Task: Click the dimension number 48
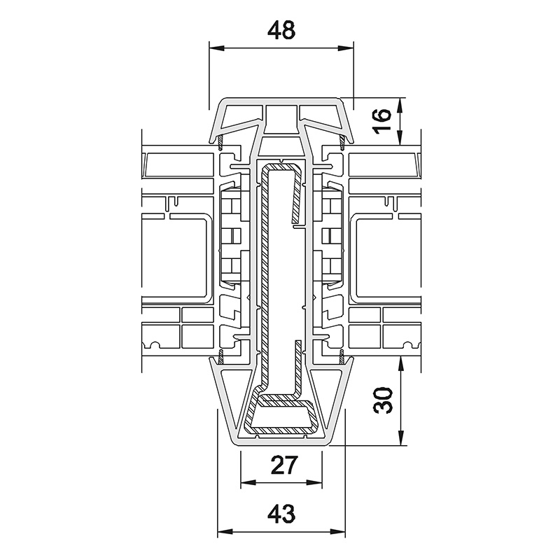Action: (281, 30)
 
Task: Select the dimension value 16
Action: (379, 122)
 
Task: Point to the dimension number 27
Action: (281, 465)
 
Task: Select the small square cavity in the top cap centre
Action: (281, 115)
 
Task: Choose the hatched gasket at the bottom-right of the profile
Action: (342, 359)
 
